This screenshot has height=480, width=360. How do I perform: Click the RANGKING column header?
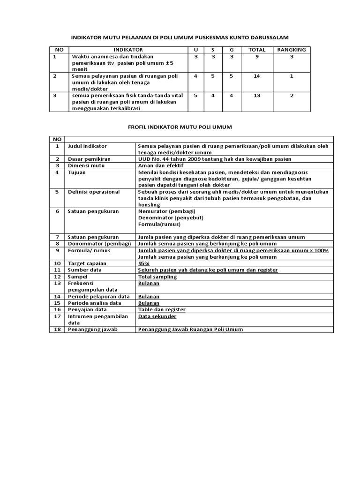click(291, 49)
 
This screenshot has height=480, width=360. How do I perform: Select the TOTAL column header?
click(256, 49)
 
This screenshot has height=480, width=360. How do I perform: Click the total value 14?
click(256, 75)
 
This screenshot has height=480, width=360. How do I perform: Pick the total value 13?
click(256, 95)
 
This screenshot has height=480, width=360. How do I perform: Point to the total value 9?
click(256, 56)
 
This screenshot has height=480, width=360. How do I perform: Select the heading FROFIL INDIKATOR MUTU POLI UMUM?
click(180, 127)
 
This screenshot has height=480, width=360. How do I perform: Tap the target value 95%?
click(144, 263)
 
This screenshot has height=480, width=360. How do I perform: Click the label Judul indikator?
click(88, 146)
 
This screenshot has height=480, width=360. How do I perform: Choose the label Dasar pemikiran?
click(90, 159)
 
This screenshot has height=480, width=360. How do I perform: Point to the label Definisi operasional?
click(94, 192)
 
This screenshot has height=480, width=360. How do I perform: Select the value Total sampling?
click(157, 277)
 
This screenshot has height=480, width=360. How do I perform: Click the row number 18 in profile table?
click(57, 330)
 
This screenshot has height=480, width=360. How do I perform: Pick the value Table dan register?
click(162, 309)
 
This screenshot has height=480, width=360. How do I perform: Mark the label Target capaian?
click(87, 263)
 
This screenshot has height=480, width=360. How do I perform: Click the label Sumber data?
click(84, 270)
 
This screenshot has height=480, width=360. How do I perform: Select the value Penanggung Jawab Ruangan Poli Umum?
click(191, 330)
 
